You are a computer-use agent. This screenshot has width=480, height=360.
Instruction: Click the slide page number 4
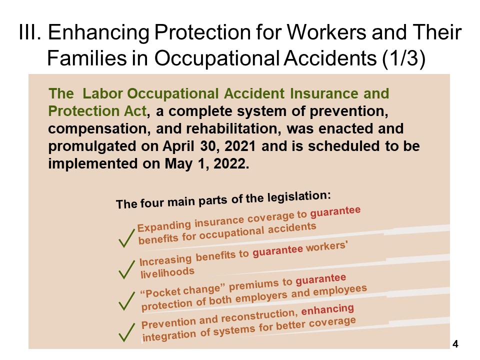coord(455,344)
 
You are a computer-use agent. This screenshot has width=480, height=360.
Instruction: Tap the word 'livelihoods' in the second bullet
coord(167,271)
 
